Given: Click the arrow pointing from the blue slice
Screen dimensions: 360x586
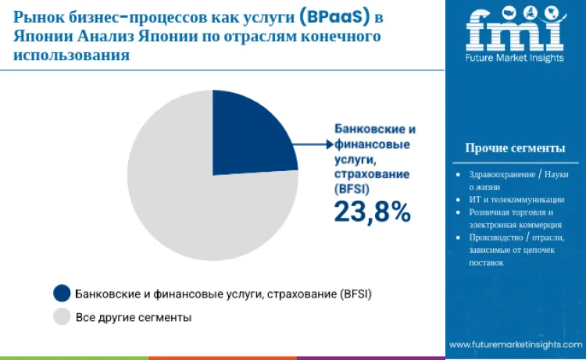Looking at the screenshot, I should point(313,144).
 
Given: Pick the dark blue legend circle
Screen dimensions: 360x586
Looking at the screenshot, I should point(62,294).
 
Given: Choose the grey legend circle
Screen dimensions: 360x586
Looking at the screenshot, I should point(62,317).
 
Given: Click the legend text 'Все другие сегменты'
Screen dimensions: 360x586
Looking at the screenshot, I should point(134,317).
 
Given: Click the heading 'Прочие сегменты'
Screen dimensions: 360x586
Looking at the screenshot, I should point(515,148).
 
